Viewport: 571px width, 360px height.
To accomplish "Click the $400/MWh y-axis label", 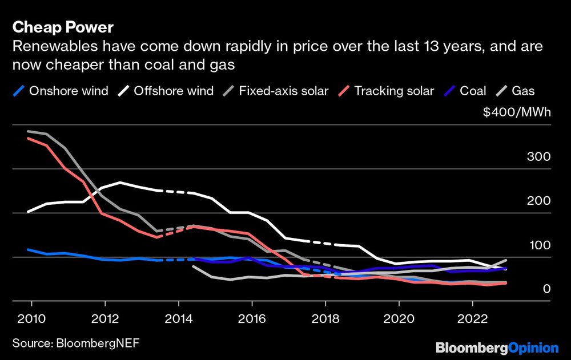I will pyautogui.click(x=517, y=112).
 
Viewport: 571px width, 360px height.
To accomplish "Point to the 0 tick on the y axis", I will pyautogui.click(x=546, y=289).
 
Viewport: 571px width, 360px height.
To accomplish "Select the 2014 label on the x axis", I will pyautogui.click(x=178, y=317).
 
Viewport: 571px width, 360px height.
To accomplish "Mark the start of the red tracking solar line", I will pyautogui.click(x=28, y=138).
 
